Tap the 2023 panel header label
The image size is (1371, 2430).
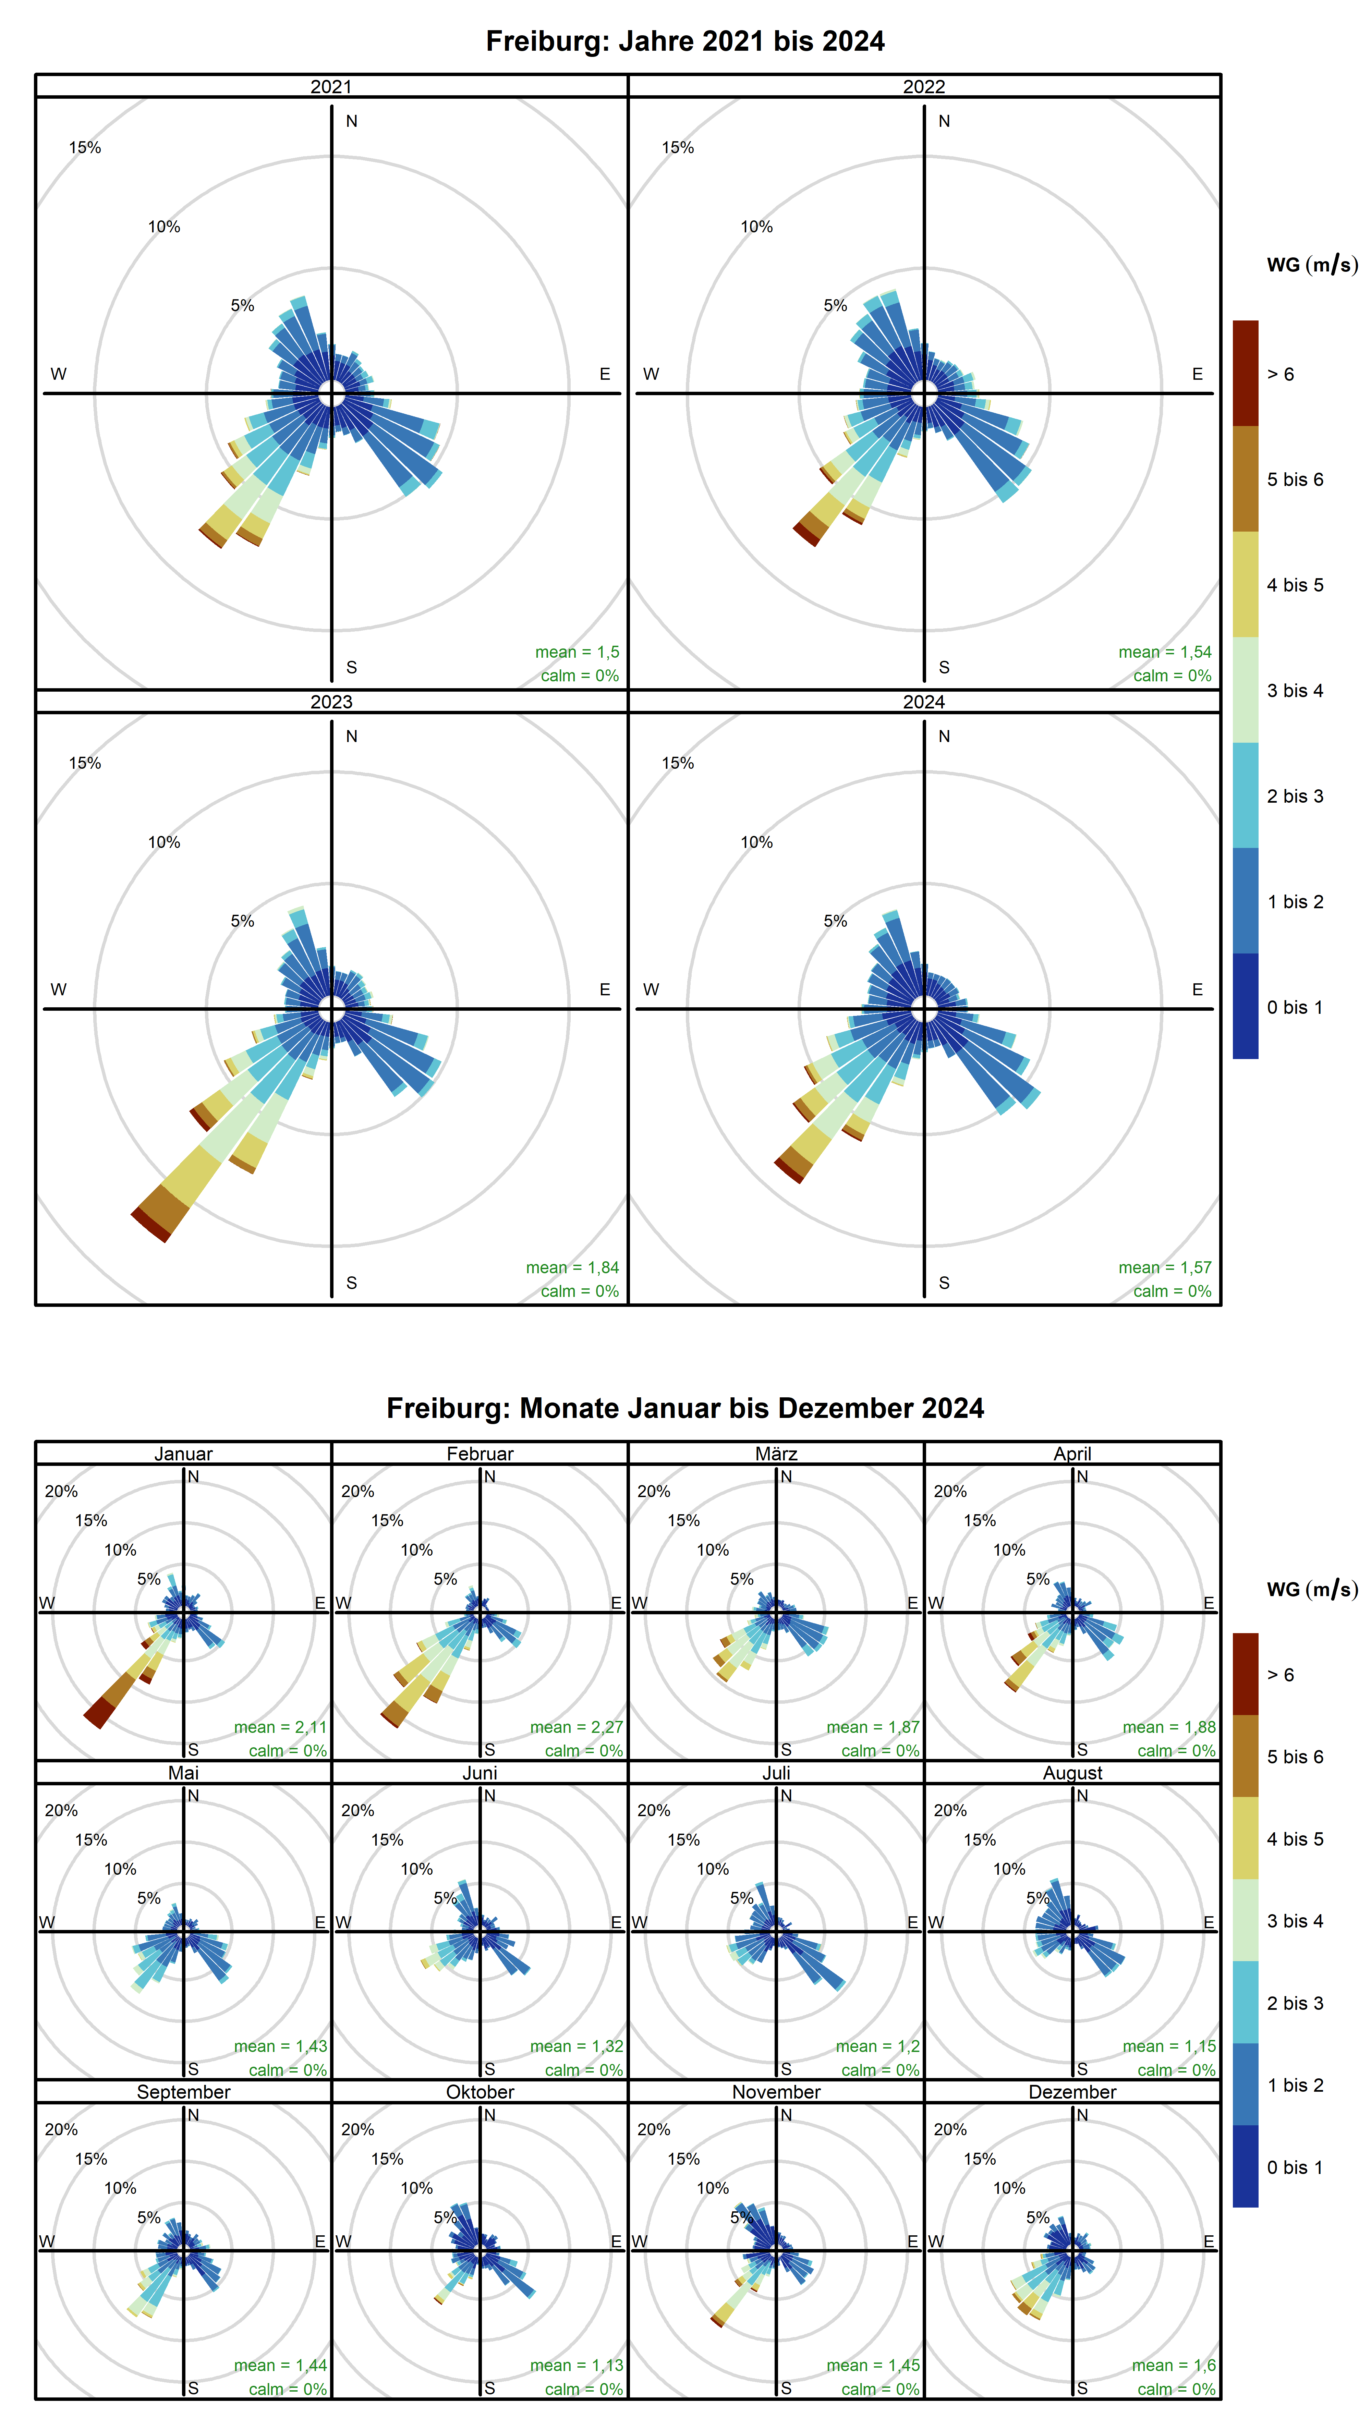pos(331,702)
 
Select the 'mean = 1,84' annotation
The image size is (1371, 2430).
pos(572,1267)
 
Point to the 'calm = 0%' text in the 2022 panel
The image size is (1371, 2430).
pos(1172,676)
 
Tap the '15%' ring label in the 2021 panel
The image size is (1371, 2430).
pos(85,147)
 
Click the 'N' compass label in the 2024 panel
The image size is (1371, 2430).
pos(944,736)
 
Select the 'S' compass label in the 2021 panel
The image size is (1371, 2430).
pos(351,667)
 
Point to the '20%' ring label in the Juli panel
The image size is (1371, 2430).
pos(654,1810)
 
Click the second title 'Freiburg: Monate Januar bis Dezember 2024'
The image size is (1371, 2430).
pos(685,1408)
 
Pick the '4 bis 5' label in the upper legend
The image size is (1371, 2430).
pos(1295,585)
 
